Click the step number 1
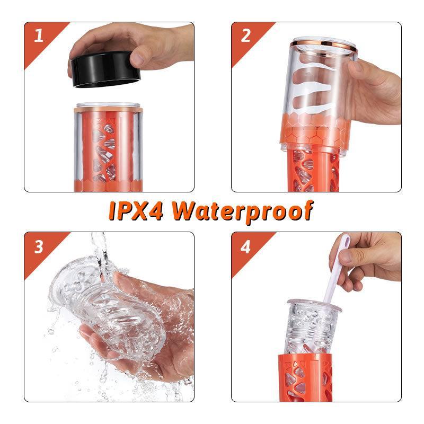[x=38, y=36]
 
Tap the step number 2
[x=245, y=36]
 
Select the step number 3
[x=38, y=246]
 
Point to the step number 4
[x=245, y=246]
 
